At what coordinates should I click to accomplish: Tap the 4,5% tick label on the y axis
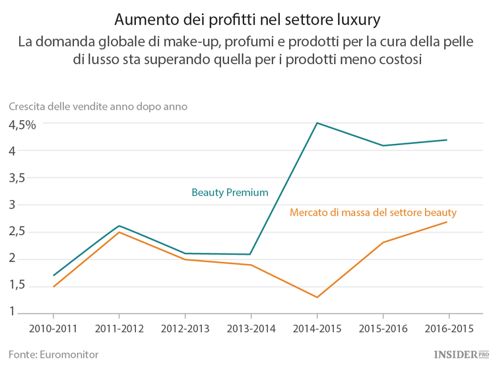click(22, 124)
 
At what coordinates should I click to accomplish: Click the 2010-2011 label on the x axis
click(53, 328)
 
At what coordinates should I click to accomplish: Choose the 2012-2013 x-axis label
click(185, 328)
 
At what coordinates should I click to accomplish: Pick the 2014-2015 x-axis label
click(317, 328)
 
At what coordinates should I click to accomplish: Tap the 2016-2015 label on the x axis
click(448, 328)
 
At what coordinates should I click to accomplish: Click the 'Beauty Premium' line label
click(230, 193)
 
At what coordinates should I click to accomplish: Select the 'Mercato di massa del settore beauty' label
click(373, 213)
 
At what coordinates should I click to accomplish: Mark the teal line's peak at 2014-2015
click(317, 123)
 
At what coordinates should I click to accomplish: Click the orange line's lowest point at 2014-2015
click(317, 297)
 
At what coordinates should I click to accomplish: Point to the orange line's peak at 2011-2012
click(119, 232)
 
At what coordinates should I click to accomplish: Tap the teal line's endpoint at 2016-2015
click(447, 140)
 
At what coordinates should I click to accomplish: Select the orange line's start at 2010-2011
click(53, 286)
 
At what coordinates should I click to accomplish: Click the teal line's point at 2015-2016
click(383, 145)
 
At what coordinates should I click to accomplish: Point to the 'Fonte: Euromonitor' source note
click(53, 354)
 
